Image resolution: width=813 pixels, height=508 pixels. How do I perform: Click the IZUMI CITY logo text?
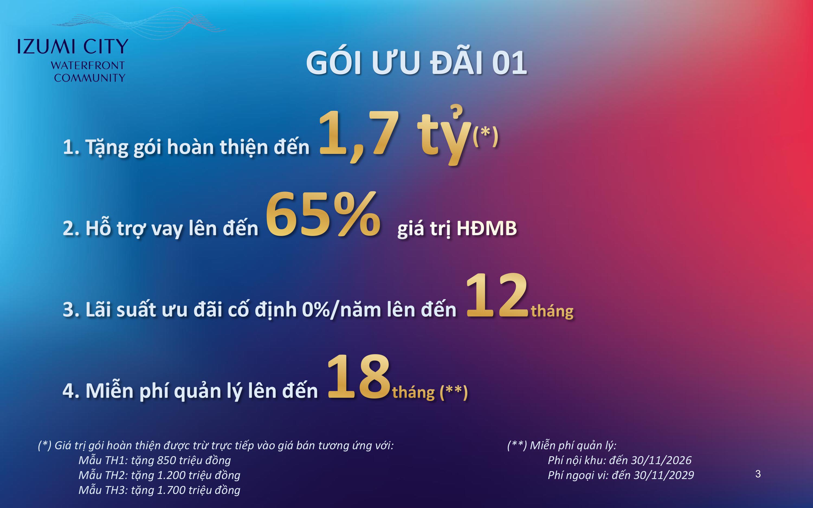73,47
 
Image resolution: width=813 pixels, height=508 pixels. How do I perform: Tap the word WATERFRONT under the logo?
88,66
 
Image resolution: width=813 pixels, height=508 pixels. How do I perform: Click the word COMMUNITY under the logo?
90,78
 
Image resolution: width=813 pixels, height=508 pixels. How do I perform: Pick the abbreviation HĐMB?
487,228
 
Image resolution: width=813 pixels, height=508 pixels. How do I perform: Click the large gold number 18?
359,377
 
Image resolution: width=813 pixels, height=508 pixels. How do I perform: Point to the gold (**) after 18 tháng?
454,392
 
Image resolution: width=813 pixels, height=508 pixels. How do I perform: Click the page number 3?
758,474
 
